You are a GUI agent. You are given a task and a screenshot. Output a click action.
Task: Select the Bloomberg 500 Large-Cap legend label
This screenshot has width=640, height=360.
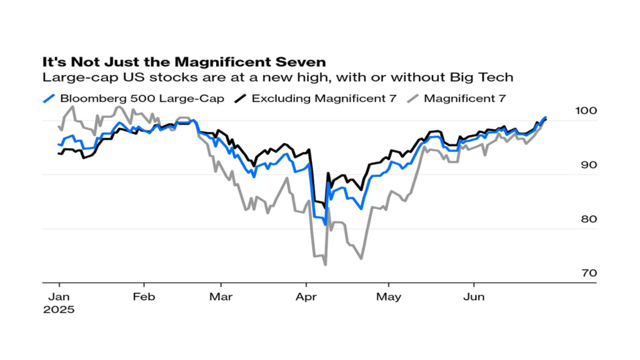[x=142, y=98]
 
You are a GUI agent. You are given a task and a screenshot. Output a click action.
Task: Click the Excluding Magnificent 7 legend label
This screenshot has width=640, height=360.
[x=324, y=98]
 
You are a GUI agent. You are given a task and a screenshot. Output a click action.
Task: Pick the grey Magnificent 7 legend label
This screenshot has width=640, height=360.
[x=464, y=98]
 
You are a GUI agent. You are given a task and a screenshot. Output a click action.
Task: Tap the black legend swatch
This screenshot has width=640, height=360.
[x=241, y=98]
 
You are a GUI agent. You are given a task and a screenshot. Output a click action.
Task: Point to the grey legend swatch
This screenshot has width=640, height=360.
[x=413, y=98]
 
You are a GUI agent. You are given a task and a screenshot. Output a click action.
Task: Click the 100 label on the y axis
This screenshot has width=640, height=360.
[x=585, y=110]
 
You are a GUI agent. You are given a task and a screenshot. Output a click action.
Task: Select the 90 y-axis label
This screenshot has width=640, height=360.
[x=588, y=165]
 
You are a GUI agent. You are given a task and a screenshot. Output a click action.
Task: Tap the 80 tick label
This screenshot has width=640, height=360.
[x=588, y=219]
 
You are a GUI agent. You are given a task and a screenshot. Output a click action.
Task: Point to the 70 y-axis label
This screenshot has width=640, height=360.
[x=588, y=273]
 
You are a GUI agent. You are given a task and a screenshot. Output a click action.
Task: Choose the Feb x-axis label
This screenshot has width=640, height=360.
[x=144, y=296]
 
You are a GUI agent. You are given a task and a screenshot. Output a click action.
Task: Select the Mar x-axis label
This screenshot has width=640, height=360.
[x=220, y=296]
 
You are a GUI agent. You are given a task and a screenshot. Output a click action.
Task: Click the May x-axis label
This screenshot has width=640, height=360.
[x=388, y=296]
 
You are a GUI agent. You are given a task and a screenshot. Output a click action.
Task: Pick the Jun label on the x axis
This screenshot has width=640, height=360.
[x=473, y=296]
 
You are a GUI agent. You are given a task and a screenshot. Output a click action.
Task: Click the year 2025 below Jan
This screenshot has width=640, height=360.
[x=58, y=309]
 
